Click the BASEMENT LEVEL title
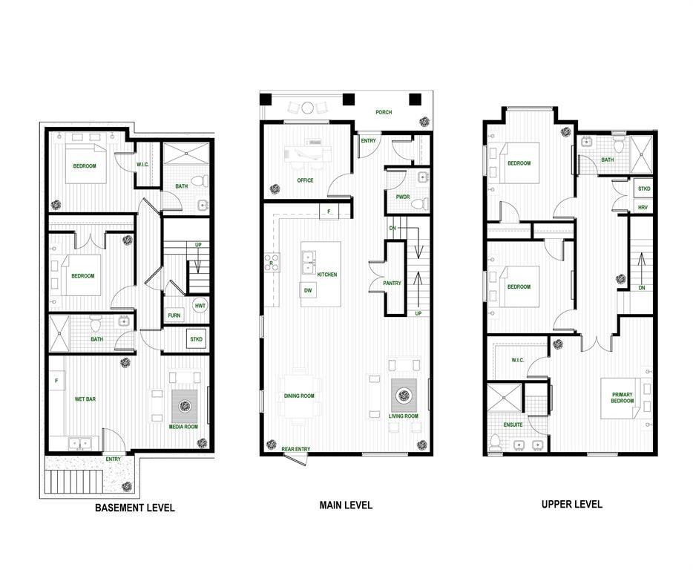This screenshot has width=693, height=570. point(134,508)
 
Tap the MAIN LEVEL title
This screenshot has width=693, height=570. point(346,505)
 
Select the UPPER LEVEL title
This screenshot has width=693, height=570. point(571,505)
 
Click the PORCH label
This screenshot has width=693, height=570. point(384,113)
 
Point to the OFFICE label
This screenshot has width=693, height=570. point(305,180)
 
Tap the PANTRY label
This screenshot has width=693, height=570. point(392,284)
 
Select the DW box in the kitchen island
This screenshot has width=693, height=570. point(307,290)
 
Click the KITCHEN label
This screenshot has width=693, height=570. point(327,275)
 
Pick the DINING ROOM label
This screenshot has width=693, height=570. point(299,396)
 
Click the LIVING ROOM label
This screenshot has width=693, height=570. point(404,416)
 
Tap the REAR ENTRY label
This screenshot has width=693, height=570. point(295,449)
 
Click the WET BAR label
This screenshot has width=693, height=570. point(83,399)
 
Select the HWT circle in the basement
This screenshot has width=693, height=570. point(200,306)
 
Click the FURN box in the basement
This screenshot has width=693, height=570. point(174,315)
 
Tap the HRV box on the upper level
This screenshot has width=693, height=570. point(643,207)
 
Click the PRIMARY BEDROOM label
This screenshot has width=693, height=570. point(623,398)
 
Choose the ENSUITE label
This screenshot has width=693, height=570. point(513,425)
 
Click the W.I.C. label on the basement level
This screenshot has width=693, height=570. point(144,165)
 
